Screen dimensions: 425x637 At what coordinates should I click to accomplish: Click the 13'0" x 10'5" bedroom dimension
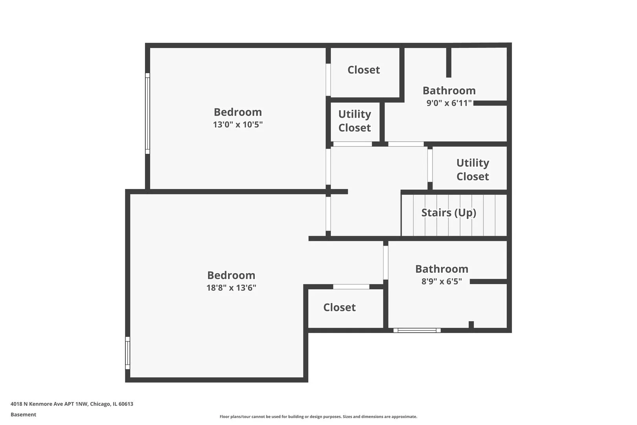pyautogui.click(x=238, y=125)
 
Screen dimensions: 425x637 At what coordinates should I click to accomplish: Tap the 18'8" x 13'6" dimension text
pyautogui.click(x=231, y=288)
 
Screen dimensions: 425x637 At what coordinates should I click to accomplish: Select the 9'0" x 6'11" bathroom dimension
pyautogui.click(x=449, y=103)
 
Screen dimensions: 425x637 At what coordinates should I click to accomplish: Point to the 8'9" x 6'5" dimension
pyautogui.click(x=442, y=281)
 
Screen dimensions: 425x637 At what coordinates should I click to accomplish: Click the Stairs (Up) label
pyautogui.click(x=449, y=213)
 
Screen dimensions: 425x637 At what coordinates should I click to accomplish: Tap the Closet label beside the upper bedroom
pyautogui.click(x=364, y=70)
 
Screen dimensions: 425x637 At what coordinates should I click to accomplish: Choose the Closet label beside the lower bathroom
pyautogui.click(x=339, y=307)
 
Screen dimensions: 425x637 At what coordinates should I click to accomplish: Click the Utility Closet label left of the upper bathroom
pyautogui.click(x=355, y=121)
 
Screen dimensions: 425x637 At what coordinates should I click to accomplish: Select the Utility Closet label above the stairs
pyautogui.click(x=473, y=170)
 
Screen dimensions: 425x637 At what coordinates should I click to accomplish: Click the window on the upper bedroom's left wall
pyautogui.click(x=147, y=113)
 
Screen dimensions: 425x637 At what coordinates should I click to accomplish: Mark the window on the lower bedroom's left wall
pyautogui.click(x=127, y=353)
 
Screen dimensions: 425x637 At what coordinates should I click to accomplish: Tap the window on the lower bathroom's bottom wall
pyautogui.click(x=417, y=330)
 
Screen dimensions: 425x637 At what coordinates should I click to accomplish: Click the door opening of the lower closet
pyautogui.click(x=351, y=286)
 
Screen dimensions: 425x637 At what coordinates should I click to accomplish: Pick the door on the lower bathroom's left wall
pyautogui.click(x=386, y=262)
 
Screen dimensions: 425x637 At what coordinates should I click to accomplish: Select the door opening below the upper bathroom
pyautogui.click(x=406, y=144)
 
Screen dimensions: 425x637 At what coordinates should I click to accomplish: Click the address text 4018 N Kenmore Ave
pyautogui.click(x=72, y=404)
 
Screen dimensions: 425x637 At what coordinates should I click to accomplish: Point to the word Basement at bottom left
pyautogui.click(x=23, y=414)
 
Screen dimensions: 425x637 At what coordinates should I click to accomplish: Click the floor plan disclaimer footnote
pyautogui.click(x=318, y=416)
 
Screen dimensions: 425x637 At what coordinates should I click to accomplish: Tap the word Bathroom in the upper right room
pyautogui.click(x=449, y=91)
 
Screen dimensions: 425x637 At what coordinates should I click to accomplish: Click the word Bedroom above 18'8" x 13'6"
pyautogui.click(x=231, y=275)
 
